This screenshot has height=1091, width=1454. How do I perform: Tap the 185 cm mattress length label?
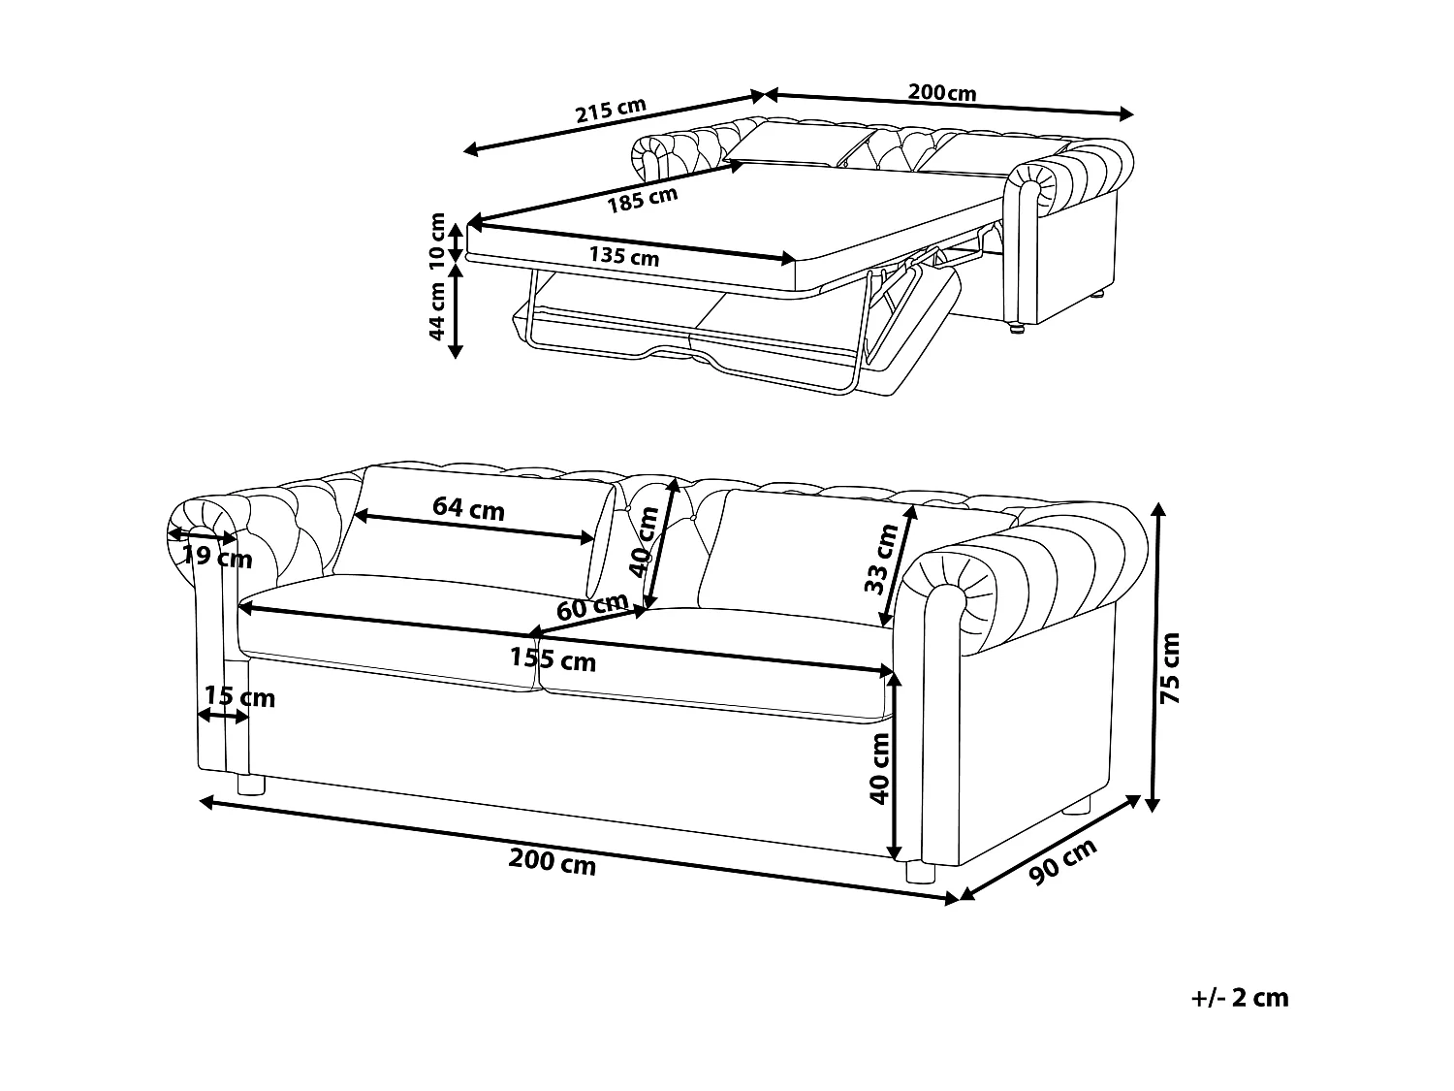point(642,200)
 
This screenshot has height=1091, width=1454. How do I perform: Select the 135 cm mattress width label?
point(624,257)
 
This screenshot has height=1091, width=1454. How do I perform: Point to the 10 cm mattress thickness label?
point(437,241)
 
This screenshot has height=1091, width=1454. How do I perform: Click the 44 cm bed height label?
point(437,310)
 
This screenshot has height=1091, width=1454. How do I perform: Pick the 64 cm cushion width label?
point(468,508)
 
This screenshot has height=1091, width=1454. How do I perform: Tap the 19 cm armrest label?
point(217,558)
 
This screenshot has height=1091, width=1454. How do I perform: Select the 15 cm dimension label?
point(239,697)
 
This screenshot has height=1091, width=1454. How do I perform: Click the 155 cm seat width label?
point(553,660)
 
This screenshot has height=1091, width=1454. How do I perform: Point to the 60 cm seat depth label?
point(591,607)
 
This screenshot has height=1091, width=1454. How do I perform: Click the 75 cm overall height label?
point(1171,668)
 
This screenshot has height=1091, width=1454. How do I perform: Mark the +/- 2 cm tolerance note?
point(1240,998)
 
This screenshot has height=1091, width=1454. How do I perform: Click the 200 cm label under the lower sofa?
point(553,862)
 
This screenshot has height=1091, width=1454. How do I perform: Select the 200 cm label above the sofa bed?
point(941,93)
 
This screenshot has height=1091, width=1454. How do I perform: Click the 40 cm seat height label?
point(879,767)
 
